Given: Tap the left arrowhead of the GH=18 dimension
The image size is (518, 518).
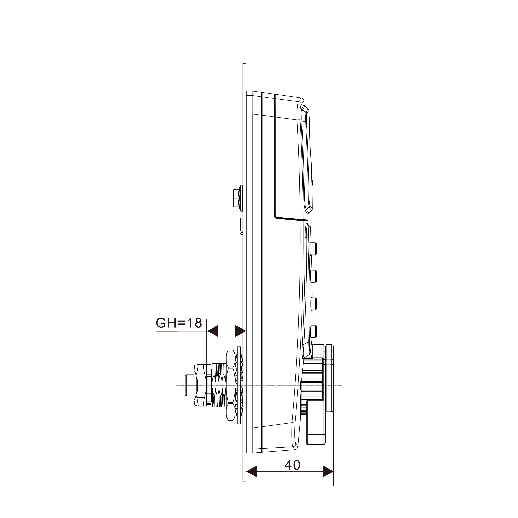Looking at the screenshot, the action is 213,331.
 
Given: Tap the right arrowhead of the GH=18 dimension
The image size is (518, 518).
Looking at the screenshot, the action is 240,331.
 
